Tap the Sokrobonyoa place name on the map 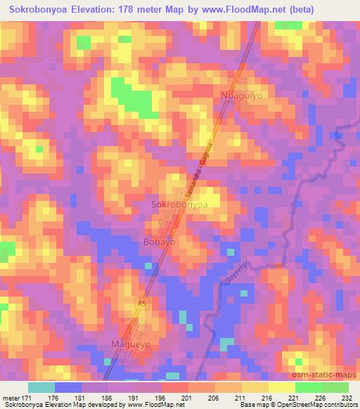(180, 205)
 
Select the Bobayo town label (159, 241)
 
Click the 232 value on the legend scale (346, 397)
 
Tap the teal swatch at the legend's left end (42, 387)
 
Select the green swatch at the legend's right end (335, 387)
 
